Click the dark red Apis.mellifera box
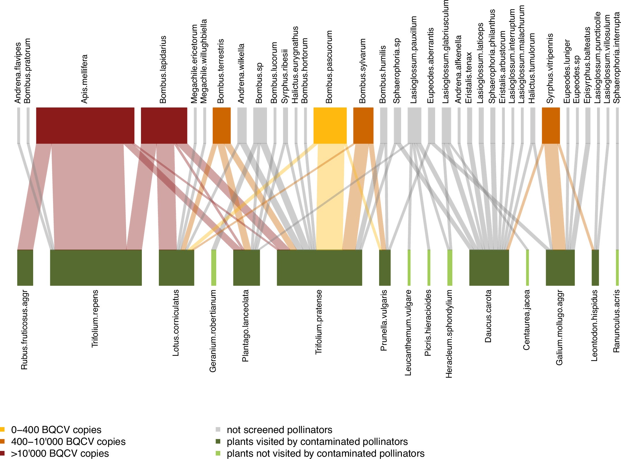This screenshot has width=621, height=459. point(85,125)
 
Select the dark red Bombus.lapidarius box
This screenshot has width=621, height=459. point(164,125)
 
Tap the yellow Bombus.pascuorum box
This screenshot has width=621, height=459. point(330,125)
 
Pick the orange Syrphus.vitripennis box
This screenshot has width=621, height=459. point(551,125)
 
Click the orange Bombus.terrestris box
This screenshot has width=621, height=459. point(221,125)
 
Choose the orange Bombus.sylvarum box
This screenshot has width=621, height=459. point(363,125)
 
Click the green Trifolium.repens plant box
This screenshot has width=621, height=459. point(96,267)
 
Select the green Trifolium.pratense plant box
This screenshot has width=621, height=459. point(319,267)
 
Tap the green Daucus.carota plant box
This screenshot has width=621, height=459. point(489,267)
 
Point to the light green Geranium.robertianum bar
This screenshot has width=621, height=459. point(214,267)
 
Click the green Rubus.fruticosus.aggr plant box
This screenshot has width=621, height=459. point(25,267)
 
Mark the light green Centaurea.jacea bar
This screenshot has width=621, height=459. point(527,267)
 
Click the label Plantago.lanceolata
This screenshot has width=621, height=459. point(245,326)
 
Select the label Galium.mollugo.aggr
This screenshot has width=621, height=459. point(559,328)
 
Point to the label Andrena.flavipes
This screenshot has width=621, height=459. point(18,73)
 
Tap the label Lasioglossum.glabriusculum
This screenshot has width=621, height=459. point(445,52)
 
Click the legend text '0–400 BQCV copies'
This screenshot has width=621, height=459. point(56,430)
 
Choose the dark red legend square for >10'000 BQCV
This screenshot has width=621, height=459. point(2,453)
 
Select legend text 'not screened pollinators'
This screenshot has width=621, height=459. point(279,430)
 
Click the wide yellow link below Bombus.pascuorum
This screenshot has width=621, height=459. point(330,196)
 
